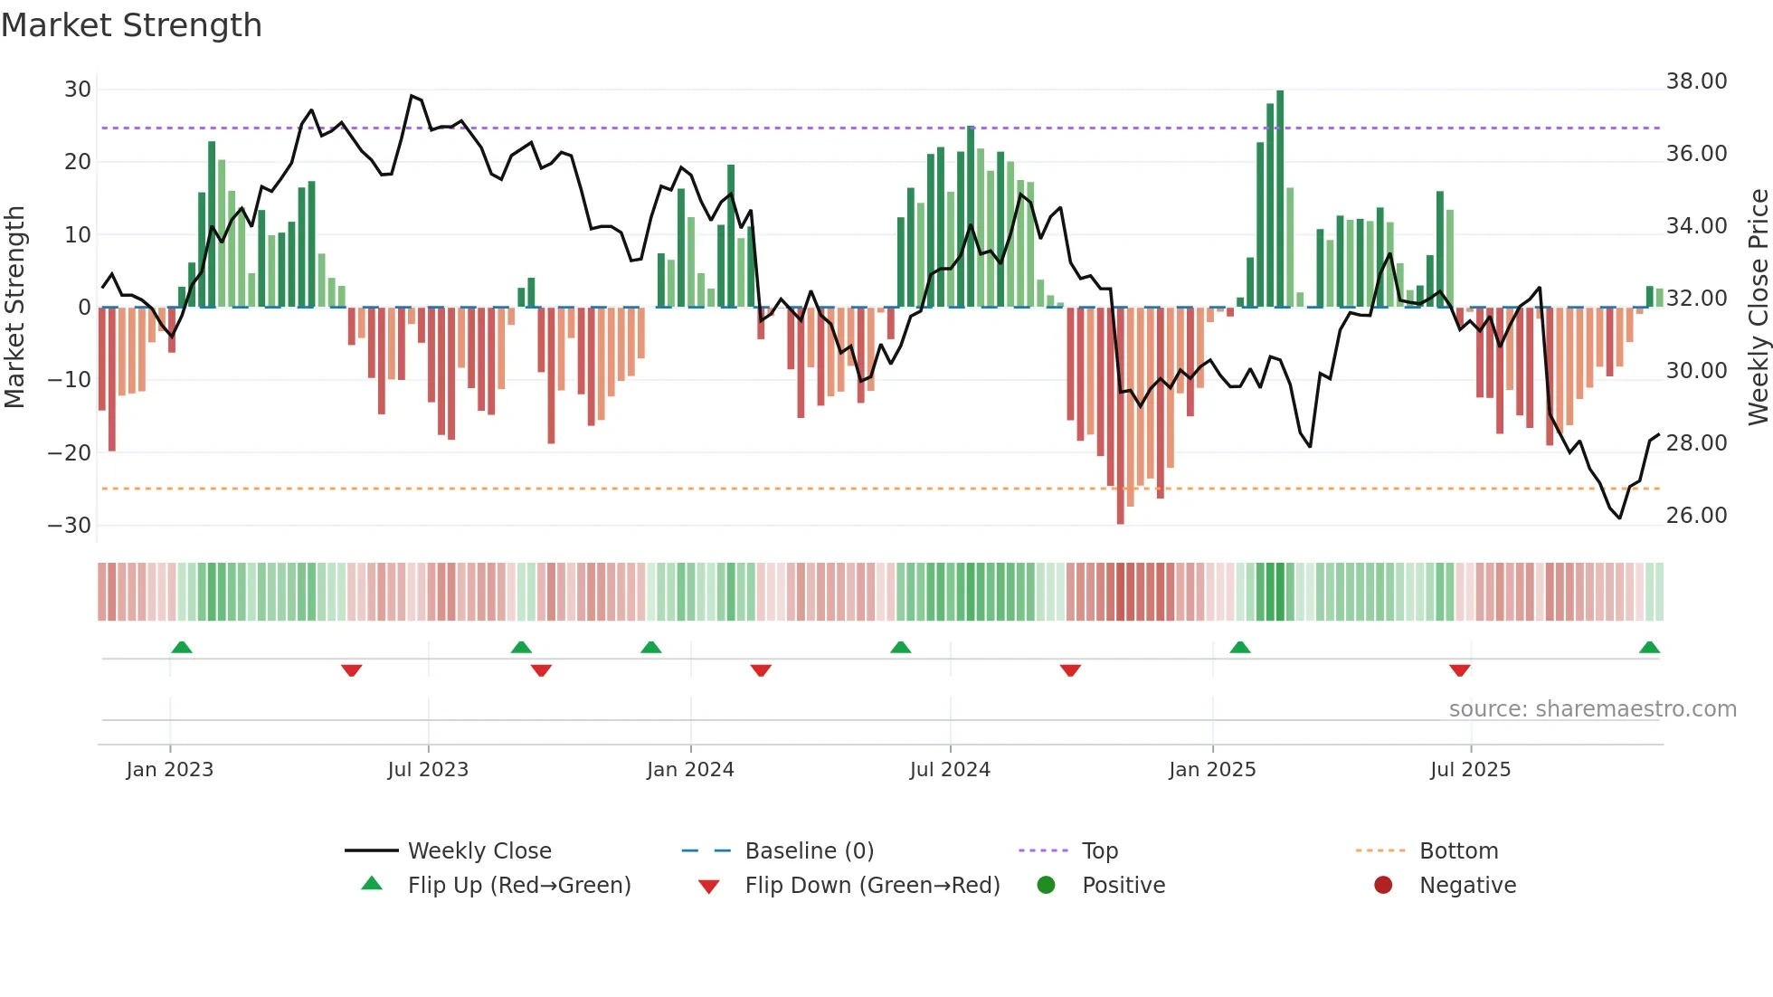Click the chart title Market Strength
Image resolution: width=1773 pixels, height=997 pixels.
click(x=131, y=25)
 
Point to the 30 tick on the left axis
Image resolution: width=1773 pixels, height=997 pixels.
click(x=78, y=90)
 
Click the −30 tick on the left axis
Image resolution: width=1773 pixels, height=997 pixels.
click(x=71, y=526)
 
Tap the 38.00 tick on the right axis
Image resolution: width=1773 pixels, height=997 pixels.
click(x=1696, y=81)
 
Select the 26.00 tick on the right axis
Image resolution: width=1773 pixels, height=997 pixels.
click(x=1696, y=516)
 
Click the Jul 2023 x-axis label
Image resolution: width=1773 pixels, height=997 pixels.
click(x=428, y=770)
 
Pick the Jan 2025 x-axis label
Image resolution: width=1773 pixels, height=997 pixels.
click(x=1212, y=770)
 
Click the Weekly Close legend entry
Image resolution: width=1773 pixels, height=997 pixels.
click(x=479, y=851)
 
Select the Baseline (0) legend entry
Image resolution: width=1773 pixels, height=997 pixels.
click(x=809, y=851)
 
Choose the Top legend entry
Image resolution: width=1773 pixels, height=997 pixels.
click(x=1099, y=851)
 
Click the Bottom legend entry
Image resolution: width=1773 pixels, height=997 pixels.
click(x=1458, y=851)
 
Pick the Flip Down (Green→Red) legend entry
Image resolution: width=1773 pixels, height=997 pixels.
click(x=871, y=886)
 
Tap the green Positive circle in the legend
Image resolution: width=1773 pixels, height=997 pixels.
click(x=1047, y=886)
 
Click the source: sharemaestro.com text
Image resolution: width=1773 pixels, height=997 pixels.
click(x=1592, y=709)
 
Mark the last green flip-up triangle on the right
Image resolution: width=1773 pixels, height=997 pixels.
click(x=1649, y=648)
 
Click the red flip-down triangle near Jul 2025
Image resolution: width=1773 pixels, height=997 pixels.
click(x=1459, y=670)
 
